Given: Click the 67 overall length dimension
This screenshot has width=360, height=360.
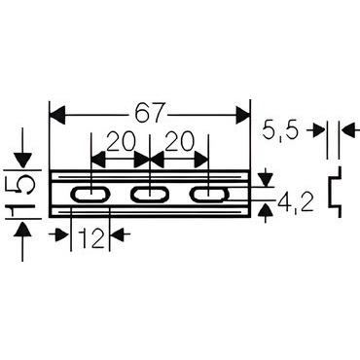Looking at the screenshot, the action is click(150, 114).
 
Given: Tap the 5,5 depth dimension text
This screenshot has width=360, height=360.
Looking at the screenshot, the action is click(280, 129).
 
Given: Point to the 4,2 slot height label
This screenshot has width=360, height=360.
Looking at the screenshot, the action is click(296, 203).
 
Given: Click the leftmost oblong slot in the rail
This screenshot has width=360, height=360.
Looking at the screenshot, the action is click(90, 194).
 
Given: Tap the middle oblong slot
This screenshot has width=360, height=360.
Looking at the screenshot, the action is click(150, 194).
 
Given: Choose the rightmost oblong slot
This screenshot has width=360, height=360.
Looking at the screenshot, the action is click(208, 194).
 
